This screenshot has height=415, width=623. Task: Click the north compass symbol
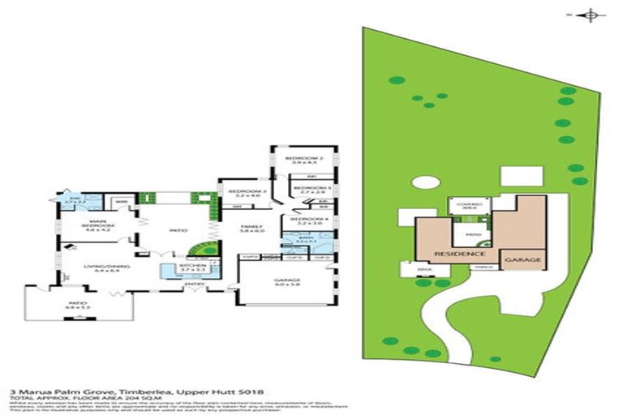pyautogui.click(x=591, y=14)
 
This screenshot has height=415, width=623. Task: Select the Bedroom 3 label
pyautogui.click(x=247, y=193)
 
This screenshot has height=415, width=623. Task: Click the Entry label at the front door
pyautogui.click(x=194, y=285)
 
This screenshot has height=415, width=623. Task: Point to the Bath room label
pyautogui.click(x=304, y=240)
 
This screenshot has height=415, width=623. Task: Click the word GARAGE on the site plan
pyautogui.click(x=521, y=260)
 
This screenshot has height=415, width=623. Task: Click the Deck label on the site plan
pyautogui.click(x=421, y=267)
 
